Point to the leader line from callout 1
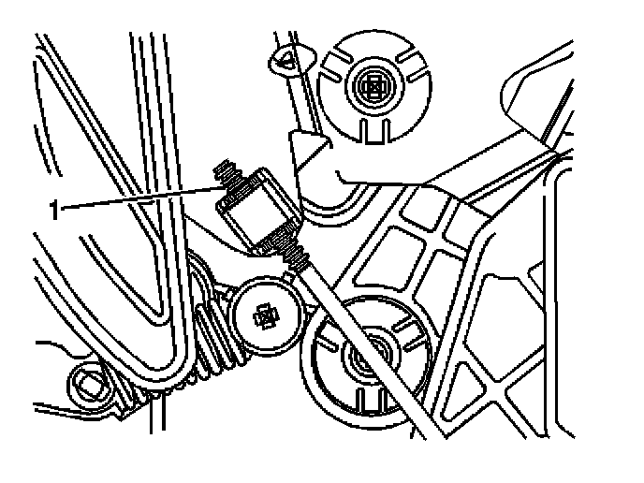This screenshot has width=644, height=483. point(140,198)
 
